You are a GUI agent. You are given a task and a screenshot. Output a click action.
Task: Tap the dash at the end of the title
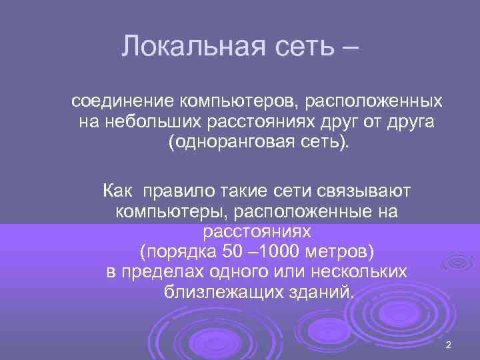(x=346, y=47)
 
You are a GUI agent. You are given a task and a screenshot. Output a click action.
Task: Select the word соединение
(x=123, y=101)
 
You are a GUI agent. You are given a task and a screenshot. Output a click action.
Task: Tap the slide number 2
(x=448, y=345)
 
